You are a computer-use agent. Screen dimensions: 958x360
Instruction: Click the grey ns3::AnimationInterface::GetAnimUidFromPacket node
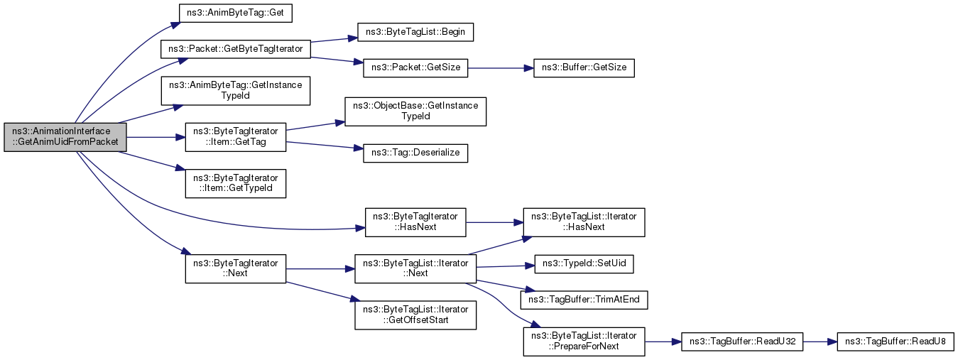(x=65, y=137)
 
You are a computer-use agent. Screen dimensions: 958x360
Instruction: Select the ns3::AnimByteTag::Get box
(x=235, y=13)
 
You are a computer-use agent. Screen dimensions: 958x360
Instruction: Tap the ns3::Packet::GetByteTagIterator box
(x=235, y=49)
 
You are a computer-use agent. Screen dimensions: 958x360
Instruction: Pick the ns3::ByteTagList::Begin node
(x=415, y=32)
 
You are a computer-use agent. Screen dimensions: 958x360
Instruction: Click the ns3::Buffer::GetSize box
(x=584, y=67)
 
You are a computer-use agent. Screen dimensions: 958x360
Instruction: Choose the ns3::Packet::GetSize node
(x=415, y=67)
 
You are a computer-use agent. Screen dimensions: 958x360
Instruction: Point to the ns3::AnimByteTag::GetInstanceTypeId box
(x=235, y=91)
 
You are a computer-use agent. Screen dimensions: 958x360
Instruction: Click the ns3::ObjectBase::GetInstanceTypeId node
(x=415, y=111)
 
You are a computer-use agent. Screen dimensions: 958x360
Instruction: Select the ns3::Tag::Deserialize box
(x=415, y=153)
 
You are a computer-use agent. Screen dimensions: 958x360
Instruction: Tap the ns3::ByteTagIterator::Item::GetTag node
(x=235, y=137)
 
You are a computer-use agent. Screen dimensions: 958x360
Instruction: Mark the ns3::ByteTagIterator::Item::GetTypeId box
(x=235, y=183)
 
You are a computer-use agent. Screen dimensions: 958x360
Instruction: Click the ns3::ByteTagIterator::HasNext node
(x=415, y=222)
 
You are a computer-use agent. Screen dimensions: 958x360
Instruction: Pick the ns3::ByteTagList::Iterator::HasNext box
(x=584, y=222)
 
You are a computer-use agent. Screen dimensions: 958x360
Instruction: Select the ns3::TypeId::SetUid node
(x=584, y=264)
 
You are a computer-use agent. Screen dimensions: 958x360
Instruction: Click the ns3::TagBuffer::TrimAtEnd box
(x=584, y=300)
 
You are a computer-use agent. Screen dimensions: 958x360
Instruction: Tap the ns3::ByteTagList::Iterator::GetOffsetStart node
(x=415, y=315)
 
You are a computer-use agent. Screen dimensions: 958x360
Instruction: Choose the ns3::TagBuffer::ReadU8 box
(x=895, y=342)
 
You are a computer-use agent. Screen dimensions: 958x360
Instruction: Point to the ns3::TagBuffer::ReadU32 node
(x=742, y=342)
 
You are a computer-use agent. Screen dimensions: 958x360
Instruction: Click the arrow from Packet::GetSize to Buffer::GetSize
(x=501, y=68)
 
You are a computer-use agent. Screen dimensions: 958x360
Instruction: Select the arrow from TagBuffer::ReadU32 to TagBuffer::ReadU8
(x=820, y=342)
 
